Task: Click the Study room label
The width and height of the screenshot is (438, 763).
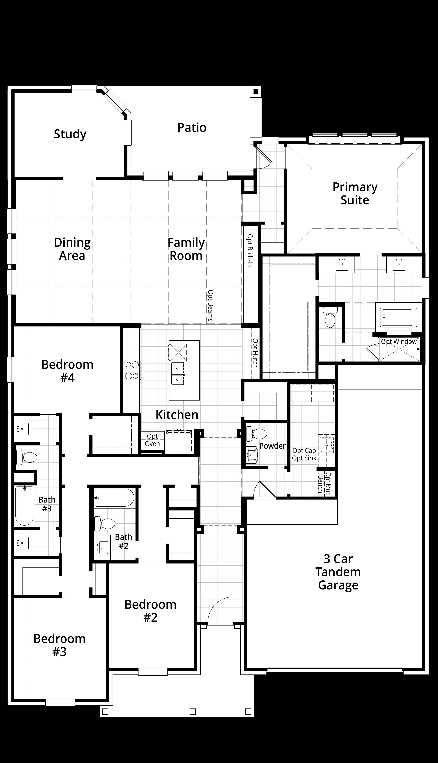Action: [70, 134]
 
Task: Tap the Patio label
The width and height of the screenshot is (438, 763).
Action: [192, 127]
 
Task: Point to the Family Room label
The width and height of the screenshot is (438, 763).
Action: [186, 249]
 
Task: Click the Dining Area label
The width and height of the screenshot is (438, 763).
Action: [72, 249]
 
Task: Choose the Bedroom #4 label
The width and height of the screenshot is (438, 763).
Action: [67, 371]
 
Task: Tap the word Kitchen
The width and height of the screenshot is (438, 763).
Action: [177, 415]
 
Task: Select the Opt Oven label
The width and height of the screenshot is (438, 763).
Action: [152, 440]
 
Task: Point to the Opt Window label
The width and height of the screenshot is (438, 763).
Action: [399, 342]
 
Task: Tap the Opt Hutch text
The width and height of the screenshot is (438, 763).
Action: [255, 353]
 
